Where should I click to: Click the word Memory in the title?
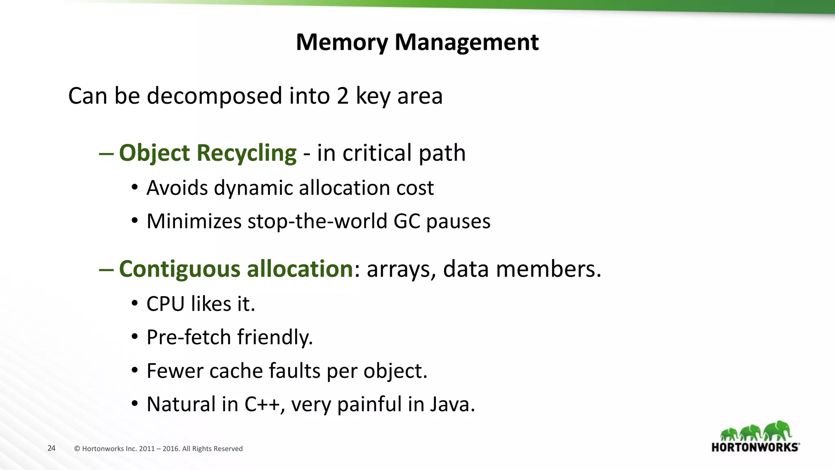(x=342, y=42)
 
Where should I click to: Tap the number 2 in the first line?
(x=342, y=96)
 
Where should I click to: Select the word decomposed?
(x=214, y=96)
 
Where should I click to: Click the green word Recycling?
(x=246, y=153)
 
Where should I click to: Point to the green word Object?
(x=154, y=153)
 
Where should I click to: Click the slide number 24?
(x=51, y=448)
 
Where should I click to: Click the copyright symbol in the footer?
(x=77, y=449)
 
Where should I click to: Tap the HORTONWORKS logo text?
(x=755, y=447)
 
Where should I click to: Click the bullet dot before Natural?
(x=135, y=404)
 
